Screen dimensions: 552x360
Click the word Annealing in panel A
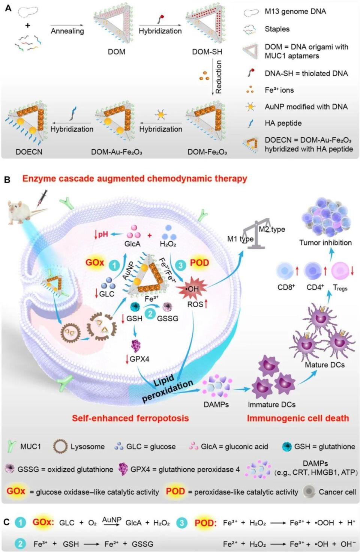coord(67,31)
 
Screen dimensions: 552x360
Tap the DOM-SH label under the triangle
coord(207,52)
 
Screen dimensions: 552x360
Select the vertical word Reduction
coord(219,77)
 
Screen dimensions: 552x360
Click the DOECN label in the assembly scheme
coord(29,152)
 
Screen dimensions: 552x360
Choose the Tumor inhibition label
coord(325,243)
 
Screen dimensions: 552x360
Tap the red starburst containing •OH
coord(192,289)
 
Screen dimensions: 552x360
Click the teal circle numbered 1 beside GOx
coord(114,266)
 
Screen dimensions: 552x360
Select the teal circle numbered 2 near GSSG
coord(150,314)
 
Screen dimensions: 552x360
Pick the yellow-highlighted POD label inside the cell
coord(199,263)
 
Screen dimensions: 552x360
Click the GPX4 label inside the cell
coord(139,359)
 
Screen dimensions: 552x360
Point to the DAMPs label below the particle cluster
coord(216,405)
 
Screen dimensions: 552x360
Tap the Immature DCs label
coord(271,405)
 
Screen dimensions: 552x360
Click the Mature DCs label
coord(324,365)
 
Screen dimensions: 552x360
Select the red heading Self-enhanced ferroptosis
coord(130,418)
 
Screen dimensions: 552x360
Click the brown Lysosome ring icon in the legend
coord(60,447)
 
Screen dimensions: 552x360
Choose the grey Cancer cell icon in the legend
coord(309,492)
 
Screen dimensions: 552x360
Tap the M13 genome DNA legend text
coord(295,12)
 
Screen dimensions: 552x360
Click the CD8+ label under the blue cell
coord(286,287)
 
